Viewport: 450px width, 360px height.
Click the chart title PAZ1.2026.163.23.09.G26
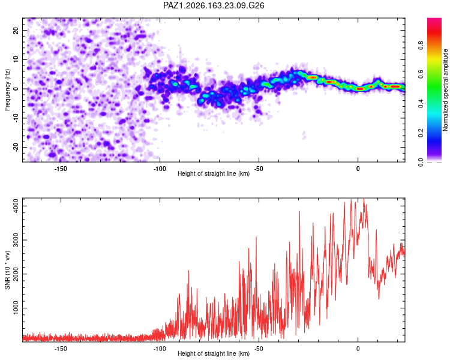tap(214, 5)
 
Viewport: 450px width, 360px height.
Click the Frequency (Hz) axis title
tap(7, 90)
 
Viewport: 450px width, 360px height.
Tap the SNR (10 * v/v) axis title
tap(7, 270)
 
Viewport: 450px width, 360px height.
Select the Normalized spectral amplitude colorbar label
tap(445, 90)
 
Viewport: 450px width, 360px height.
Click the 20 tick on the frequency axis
tap(16, 30)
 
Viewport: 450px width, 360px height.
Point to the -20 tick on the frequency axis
tap(16, 147)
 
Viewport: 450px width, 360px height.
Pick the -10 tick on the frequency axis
tap(16, 118)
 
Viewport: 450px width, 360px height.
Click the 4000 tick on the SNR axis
tap(16, 206)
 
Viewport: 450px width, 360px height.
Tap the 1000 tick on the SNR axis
tap(16, 308)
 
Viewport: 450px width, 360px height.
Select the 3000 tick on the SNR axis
tap(16, 240)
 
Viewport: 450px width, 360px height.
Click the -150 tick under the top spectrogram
tap(61, 169)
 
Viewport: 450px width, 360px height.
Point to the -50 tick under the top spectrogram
tap(259, 169)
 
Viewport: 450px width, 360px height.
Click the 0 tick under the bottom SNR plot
tap(358, 349)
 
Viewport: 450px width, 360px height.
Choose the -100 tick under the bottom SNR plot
tap(160, 349)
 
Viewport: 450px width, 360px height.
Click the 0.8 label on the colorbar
tap(421, 45)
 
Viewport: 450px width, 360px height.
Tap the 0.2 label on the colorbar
tap(421, 133)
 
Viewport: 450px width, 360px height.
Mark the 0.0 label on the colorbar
tap(421, 162)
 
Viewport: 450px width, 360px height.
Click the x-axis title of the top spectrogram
tap(214, 173)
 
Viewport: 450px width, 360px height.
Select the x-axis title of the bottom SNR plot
tap(214, 353)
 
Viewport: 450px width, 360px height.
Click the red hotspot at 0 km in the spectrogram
tap(360, 89)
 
